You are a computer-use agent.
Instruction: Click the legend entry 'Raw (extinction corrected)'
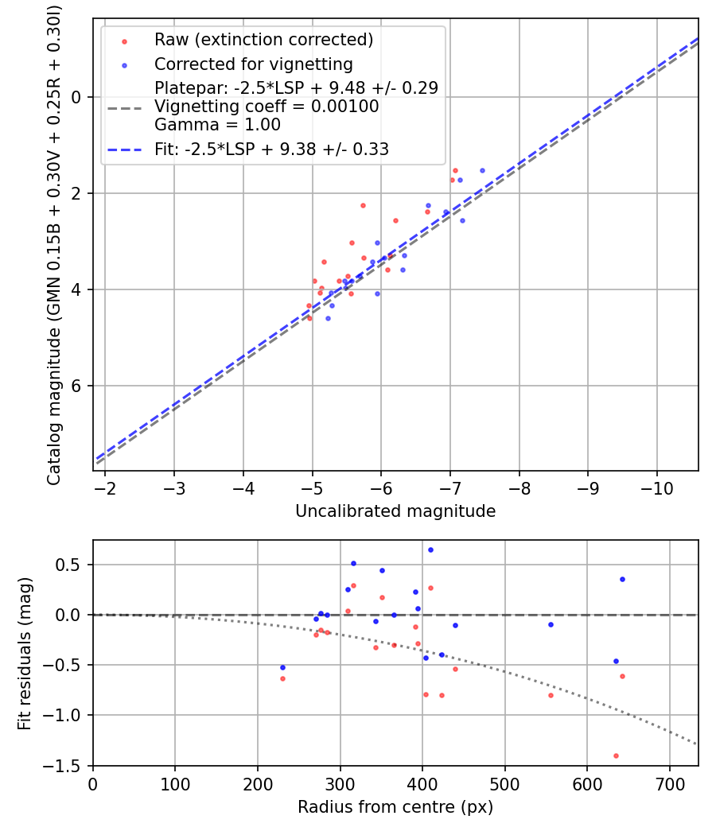[x=263, y=40]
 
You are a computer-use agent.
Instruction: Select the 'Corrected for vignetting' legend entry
[x=253, y=64]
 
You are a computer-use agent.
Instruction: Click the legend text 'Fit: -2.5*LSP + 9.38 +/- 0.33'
[x=271, y=149]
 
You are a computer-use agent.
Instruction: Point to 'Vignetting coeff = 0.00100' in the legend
[x=267, y=107]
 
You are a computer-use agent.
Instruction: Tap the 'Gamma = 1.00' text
[x=217, y=125]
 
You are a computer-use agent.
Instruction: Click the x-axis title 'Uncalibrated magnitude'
[x=395, y=511]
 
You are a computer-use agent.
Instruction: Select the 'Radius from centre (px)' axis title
[x=395, y=807]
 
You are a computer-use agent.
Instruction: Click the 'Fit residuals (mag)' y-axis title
[x=25, y=653]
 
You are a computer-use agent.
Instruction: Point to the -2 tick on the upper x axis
[x=106, y=487]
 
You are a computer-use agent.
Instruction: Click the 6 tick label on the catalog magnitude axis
[x=78, y=386]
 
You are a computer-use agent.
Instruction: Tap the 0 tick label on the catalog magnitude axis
[x=78, y=97]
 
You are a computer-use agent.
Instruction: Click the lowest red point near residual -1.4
[x=616, y=755]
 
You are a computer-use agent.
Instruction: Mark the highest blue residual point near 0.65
[x=430, y=550]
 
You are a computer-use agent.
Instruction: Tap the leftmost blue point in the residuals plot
[x=282, y=667]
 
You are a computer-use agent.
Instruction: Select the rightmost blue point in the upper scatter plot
[x=482, y=170]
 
